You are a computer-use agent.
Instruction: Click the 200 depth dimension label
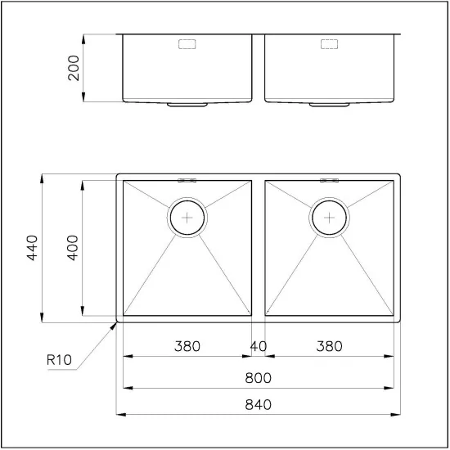click(x=74, y=68)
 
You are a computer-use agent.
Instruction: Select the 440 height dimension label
click(x=33, y=247)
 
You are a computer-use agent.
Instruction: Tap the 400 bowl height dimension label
click(x=73, y=247)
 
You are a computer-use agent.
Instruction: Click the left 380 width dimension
click(x=187, y=346)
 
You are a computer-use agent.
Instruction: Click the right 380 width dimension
click(x=329, y=346)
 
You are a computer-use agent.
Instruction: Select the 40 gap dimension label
click(x=258, y=346)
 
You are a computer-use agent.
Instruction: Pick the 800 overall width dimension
click(x=258, y=378)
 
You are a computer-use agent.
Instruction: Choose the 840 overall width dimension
click(x=258, y=404)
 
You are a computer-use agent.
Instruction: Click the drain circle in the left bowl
click(x=188, y=218)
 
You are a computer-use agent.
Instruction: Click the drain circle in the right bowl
click(x=329, y=218)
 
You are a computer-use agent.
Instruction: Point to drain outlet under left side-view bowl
click(x=188, y=105)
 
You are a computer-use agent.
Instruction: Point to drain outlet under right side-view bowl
click(x=329, y=105)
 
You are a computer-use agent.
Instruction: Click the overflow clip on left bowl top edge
click(x=188, y=179)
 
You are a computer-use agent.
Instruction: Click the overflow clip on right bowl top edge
click(x=329, y=179)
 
